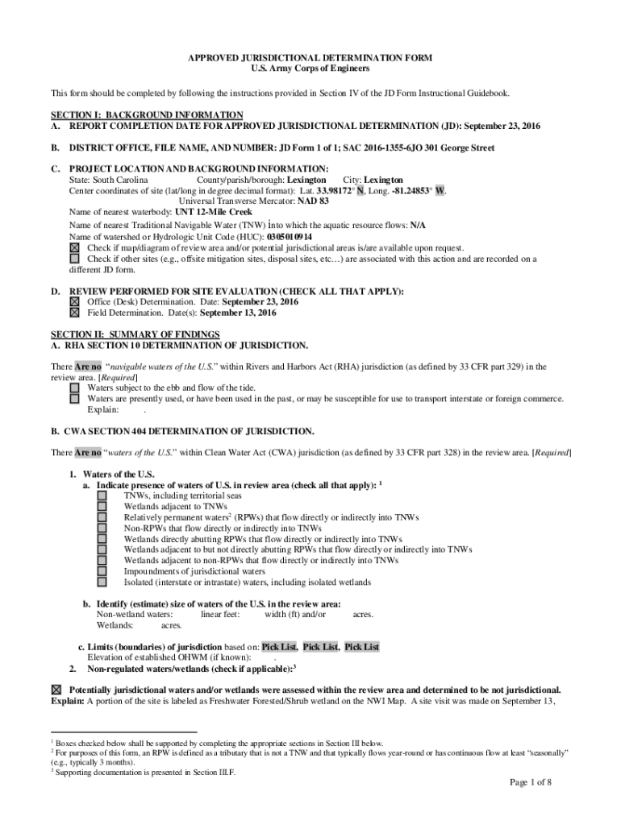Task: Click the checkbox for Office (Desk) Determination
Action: [x=75, y=301]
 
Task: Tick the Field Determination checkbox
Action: [x=75, y=313]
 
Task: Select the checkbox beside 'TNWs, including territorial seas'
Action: [x=102, y=496]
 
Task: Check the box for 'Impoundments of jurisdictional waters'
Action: [x=102, y=571]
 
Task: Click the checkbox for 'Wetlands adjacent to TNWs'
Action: [x=102, y=507]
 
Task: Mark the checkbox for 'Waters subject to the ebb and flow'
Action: [x=75, y=388]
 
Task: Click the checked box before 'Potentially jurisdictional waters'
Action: [x=56, y=690]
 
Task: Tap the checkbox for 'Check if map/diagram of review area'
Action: [x=75, y=248]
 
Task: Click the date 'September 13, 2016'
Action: [x=238, y=313]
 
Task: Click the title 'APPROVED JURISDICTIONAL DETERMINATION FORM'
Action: [x=310, y=58]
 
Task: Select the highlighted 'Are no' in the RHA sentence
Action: [x=88, y=367]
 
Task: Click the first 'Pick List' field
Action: [x=279, y=647]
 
